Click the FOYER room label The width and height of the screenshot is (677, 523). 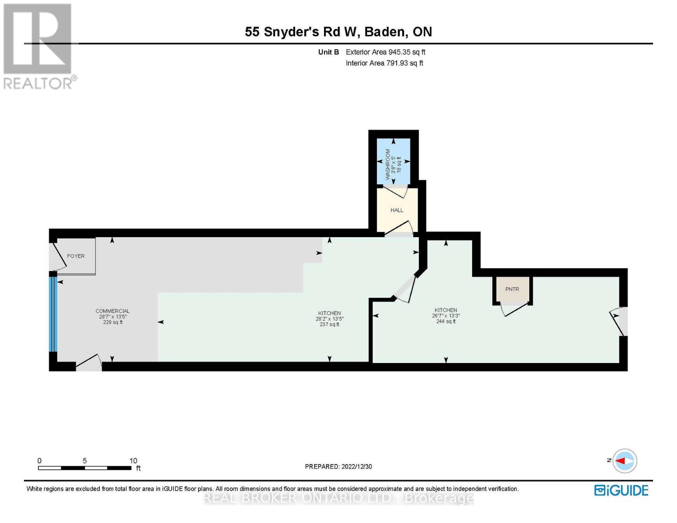tap(75, 256)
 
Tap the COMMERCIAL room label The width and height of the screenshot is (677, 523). tap(112, 311)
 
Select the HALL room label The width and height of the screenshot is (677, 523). tap(397, 210)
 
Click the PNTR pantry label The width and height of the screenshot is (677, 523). tap(512, 289)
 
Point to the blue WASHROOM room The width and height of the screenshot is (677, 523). tap(394, 161)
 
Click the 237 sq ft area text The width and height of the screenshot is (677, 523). tap(329, 324)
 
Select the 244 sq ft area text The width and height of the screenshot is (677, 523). tap(446, 321)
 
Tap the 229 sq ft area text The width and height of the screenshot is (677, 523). tap(112, 323)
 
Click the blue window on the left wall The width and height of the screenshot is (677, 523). tap(53, 314)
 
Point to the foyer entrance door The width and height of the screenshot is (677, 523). tap(58, 255)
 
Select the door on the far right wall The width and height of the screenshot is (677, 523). tap(620, 322)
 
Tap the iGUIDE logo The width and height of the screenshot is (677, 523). tap(621, 490)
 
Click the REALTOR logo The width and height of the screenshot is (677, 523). tap(38, 46)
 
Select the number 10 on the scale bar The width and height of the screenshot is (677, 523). tap(133, 461)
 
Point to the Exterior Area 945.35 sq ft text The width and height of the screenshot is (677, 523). tap(385, 52)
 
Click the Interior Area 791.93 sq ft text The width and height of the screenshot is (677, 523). tap(384, 63)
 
